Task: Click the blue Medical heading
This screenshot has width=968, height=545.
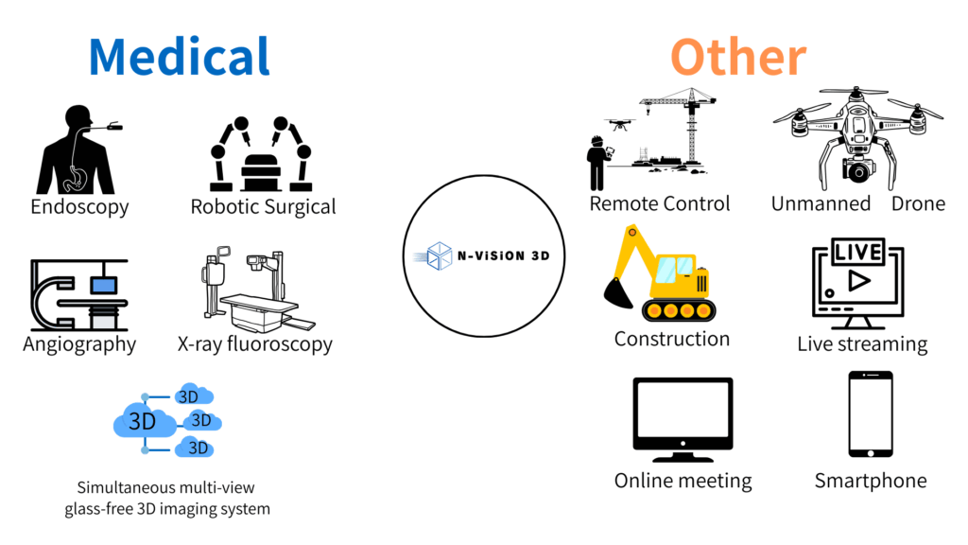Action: click(179, 57)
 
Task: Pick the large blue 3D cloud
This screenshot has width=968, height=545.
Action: click(142, 420)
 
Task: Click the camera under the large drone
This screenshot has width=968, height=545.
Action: click(858, 170)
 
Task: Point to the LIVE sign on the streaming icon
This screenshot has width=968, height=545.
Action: click(858, 251)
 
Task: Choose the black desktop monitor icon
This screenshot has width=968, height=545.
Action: click(683, 416)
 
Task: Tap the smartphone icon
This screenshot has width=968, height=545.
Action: click(871, 413)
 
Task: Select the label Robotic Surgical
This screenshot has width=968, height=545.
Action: click(263, 206)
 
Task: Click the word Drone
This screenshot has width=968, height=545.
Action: click(918, 203)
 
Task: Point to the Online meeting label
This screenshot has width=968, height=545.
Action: click(683, 481)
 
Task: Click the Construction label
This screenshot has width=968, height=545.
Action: click(671, 339)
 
